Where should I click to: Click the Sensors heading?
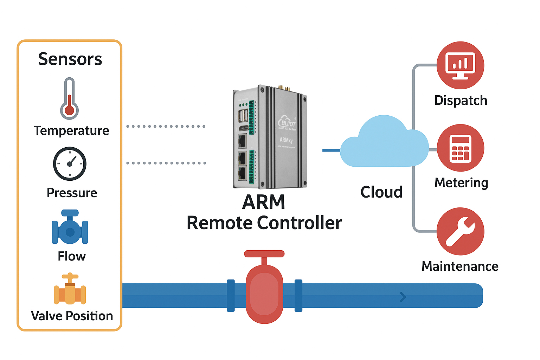pyautogui.click(x=70, y=59)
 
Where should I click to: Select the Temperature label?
pyautogui.click(x=71, y=131)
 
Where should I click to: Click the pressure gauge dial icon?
pyautogui.click(x=70, y=164)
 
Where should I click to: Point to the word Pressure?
pyautogui.click(x=72, y=193)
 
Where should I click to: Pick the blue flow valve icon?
pyautogui.click(x=70, y=228)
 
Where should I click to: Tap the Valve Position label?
pyautogui.click(x=72, y=316)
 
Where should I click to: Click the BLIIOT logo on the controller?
pyautogui.click(x=287, y=123)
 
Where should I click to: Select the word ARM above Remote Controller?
pyautogui.click(x=264, y=202)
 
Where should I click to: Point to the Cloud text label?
pyautogui.click(x=381, y=192)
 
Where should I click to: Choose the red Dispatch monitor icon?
pyautogui.click(x=460, y=65)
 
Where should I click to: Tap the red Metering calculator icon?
pyautogui.click(x=460, y=148)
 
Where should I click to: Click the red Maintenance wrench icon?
pyautogui.click(x=460, y=231)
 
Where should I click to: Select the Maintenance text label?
pyautogui.click(x=460, y=266)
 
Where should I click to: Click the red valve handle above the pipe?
pyautogui.click(x=264, y=254)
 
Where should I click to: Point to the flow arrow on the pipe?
pyautogui.click(x=403, y=297)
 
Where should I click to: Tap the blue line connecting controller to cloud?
pyautogui.click(x=331, y=150)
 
